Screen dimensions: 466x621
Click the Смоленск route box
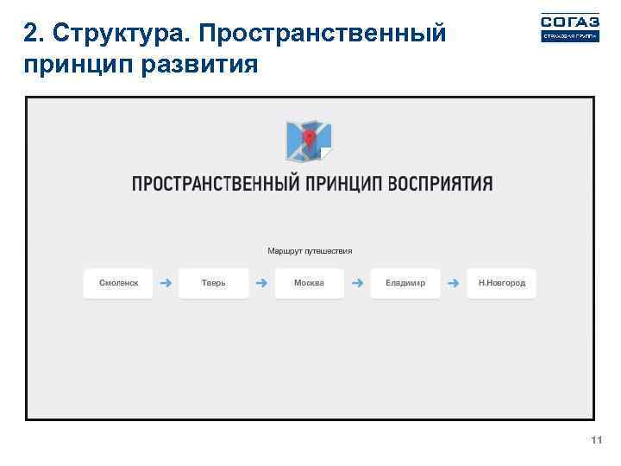[x=118, y=283]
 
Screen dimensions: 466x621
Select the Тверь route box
[x=214, y=283]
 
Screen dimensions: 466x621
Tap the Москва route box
[x=310, y=283]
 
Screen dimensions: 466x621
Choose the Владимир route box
[x=405, y=283]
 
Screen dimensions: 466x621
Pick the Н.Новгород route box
[x=501, y=283]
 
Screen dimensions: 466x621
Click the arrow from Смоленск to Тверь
[x=166, y=283]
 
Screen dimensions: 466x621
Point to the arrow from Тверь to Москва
[x=261, y=283]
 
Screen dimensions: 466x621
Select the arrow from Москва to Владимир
[x=357, y=283]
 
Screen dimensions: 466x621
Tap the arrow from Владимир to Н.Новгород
[x=454, y=283]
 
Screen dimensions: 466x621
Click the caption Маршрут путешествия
[x=310, y=251]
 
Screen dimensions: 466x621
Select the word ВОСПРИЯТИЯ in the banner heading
[x=440, y=184]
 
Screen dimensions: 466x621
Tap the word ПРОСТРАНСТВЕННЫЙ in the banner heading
[x=216, y=184]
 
